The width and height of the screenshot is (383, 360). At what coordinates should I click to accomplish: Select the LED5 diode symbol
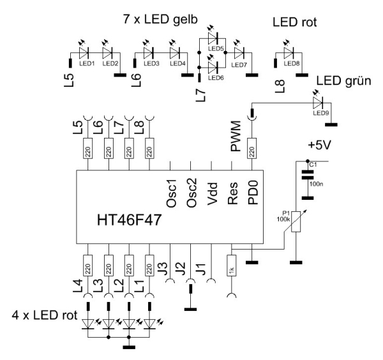[x=214, y=39]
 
